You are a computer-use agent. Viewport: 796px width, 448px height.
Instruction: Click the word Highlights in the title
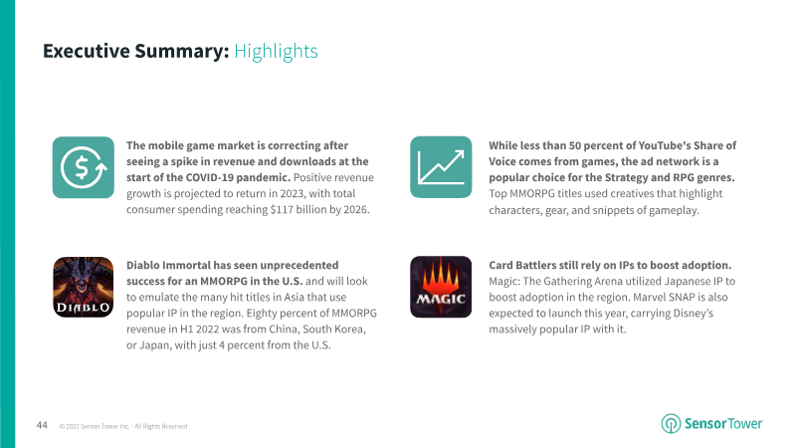click(x=276, y=52)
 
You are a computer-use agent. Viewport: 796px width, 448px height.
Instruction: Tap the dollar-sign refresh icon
click(x=84, y=167)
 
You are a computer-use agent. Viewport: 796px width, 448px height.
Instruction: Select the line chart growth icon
click(x=441, y=167)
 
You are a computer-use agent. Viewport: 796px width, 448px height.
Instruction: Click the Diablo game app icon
click(x=84, y=287)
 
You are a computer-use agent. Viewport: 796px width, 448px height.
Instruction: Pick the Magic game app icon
click(x=441, y=287)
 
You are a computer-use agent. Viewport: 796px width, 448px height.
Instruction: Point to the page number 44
click(x=42, y=425)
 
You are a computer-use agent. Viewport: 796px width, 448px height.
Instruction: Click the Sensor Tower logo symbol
click(x=671, y=424)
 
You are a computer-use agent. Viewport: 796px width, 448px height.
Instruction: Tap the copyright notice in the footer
click(x=123, y=427)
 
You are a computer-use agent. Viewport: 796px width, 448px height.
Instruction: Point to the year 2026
click(x=355, y=209)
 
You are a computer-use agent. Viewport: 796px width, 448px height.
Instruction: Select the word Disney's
click(x=693, y=313)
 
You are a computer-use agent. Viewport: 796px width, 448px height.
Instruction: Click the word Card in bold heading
click(x=501, y=265)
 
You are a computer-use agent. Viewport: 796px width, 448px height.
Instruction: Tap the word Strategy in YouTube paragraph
click(x=627, y=177)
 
